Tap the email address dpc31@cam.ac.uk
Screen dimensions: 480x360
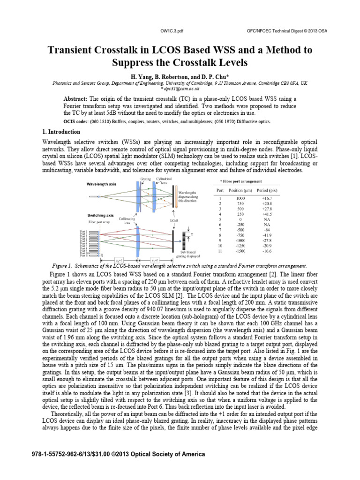[180, 88]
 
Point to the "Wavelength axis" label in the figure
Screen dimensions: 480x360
[101, 184]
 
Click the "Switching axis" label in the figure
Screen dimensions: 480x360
[99, 215]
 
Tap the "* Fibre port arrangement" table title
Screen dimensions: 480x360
[241, 181]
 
